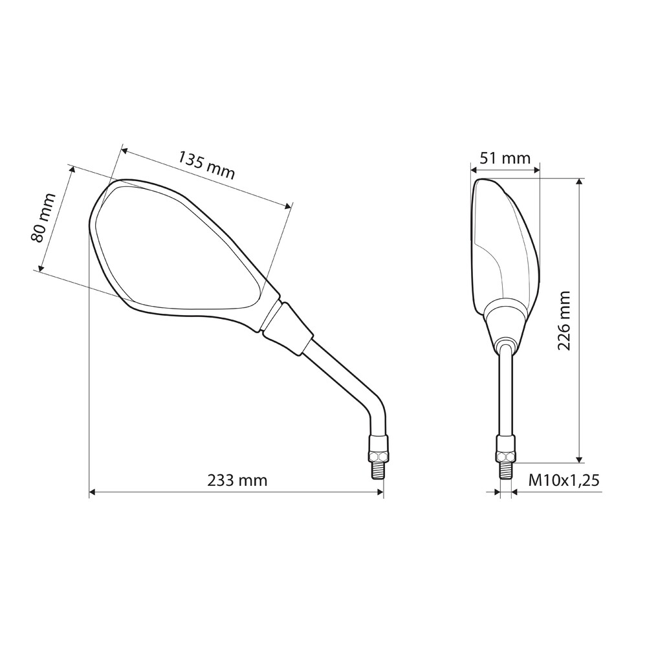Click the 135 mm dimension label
click(x=206, y=165)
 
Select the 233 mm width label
click(x=237, y=481)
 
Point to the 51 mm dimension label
click(x=505, y=158)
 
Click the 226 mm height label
click(x=564, y=321)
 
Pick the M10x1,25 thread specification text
click(x=564, y=480)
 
